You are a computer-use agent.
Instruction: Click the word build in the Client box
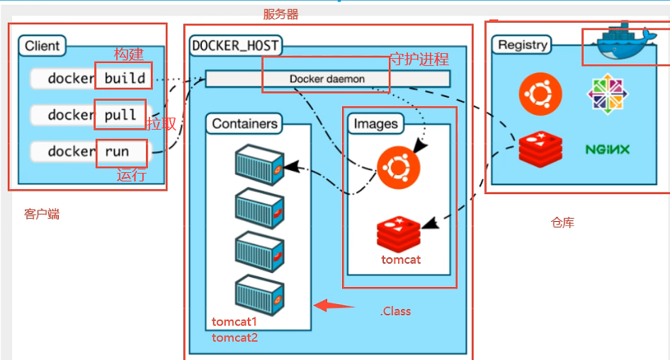pos(125,78)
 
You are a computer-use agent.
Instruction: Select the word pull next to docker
pos(120,116)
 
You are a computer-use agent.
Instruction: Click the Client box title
pos(42,46)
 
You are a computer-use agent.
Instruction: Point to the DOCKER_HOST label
pos(235,47)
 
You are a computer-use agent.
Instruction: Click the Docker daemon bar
pos(327,79)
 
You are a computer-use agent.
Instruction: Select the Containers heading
pos(244,124)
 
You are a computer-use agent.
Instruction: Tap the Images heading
pos(375,124)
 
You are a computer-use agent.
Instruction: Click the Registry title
pos(523,45)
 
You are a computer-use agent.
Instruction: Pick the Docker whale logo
pos(622,43)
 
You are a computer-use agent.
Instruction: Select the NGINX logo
pos(608,150)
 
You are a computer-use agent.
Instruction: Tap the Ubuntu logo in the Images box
pos(398,167)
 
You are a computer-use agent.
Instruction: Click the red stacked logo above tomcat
pos(398,234)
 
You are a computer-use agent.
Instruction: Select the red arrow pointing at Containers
pos(334,306)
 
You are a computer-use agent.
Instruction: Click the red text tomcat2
pos(234,337)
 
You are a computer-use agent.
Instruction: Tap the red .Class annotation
pos(395,311)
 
